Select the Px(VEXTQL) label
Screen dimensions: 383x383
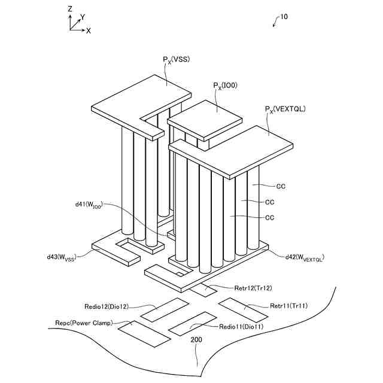click(285, 109)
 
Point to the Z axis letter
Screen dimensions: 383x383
click(70, 9)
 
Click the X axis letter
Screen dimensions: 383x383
click(88, 30)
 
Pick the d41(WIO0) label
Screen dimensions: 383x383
click(89, 205)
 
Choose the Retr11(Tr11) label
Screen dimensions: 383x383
click(289, 306)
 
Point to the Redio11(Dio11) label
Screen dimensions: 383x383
click(241, 327)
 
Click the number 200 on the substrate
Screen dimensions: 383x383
click(196, 339)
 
